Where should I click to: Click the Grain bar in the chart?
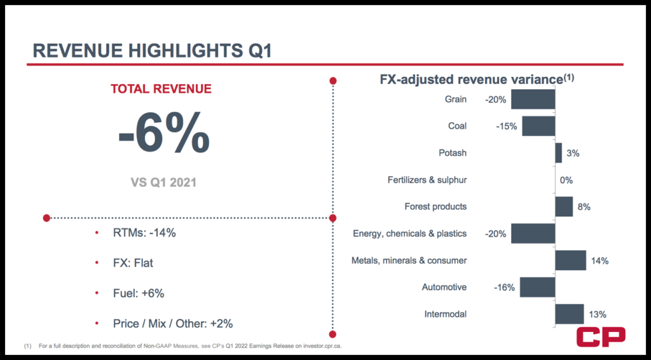point(533,99)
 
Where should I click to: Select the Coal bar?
point(538,126)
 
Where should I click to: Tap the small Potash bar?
point(558,153)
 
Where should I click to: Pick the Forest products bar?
point(564,206)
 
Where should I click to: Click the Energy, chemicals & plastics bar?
point(533,233)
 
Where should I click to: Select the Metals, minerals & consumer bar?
point(570,260)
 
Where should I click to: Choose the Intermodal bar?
point(569,314)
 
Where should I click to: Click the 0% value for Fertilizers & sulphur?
point(566,180)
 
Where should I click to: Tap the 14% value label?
point(600,260)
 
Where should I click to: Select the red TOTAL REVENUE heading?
point(161,89)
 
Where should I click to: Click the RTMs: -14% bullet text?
point(139,233)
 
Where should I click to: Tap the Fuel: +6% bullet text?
point(134,293)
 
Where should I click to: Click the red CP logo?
point(600,338)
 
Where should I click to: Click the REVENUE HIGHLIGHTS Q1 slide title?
point(152,50)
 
